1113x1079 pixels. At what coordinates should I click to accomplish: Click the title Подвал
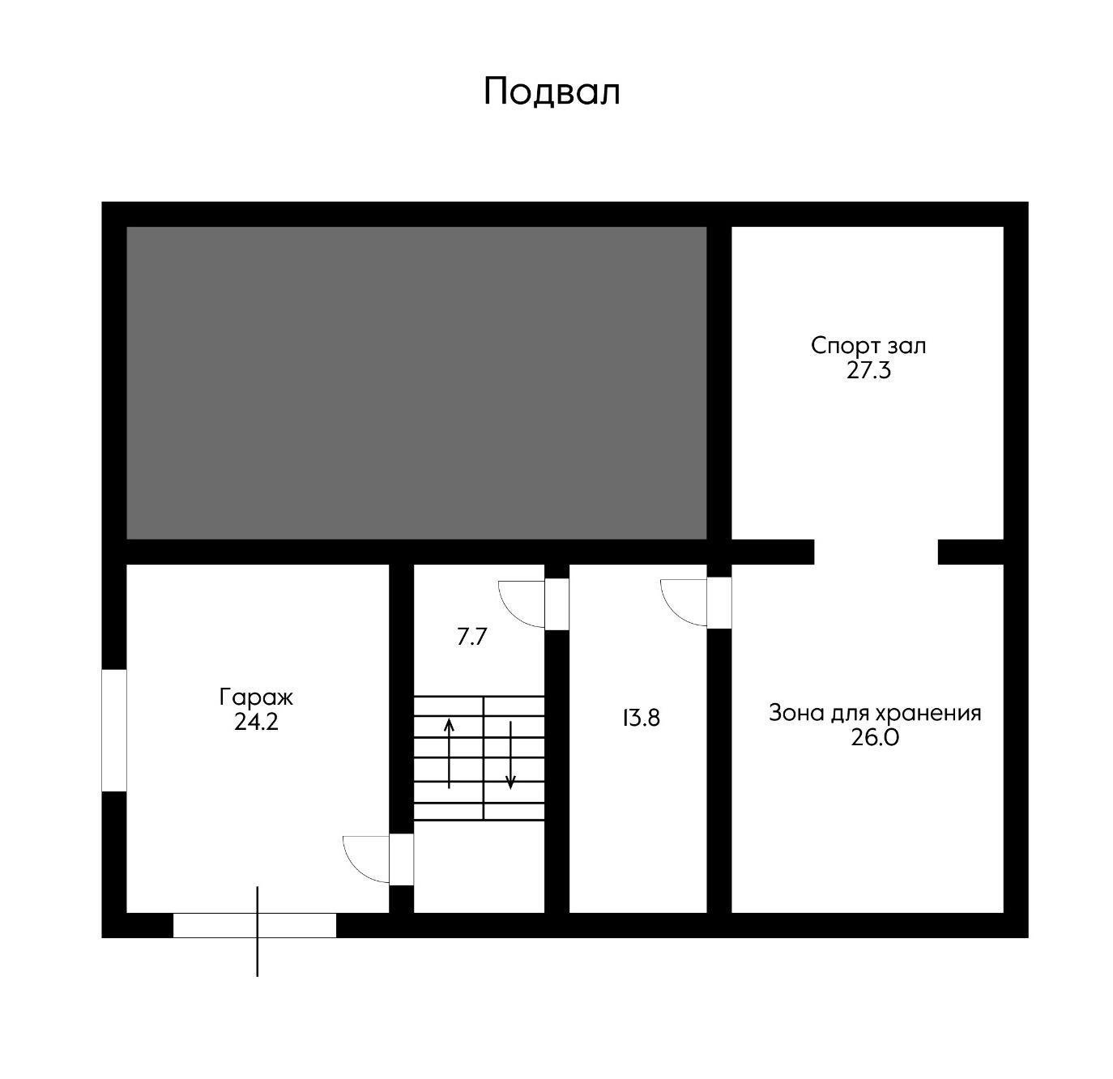pyautogui.click(x=552, y=92)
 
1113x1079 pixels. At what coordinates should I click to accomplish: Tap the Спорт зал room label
pyautogui.click(x=868, y=346)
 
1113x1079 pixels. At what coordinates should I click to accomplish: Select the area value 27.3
pyautogui.click(x=868, y=371)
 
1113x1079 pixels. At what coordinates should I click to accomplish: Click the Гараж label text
pyautogui.click(x=256, y=697)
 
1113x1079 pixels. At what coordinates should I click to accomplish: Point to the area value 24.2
pyautogui.click(x=256, y=722)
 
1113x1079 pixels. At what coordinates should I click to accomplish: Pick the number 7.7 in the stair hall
pyautogui.click(x=471, y=638)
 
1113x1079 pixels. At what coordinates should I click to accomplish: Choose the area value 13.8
pyautogui.click(x=641, y=718)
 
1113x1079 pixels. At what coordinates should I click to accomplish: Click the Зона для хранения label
pyautogui.click(x=875, y=713)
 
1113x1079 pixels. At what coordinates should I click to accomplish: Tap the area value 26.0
pyautogui.click(x=875, y=738)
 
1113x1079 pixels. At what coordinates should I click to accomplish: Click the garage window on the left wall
pyautogui.click(x=114, y=730)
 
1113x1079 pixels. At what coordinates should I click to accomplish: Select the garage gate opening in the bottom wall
pyautogui.click(x=254, y=925)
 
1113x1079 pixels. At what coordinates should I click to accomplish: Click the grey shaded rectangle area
pyautogui.click(x=416, y=382)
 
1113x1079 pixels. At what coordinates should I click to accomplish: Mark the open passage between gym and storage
pyautogui.click(x=876, y=552)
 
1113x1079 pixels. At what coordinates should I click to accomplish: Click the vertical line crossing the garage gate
pyautogui.click(x=258, y=956)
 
